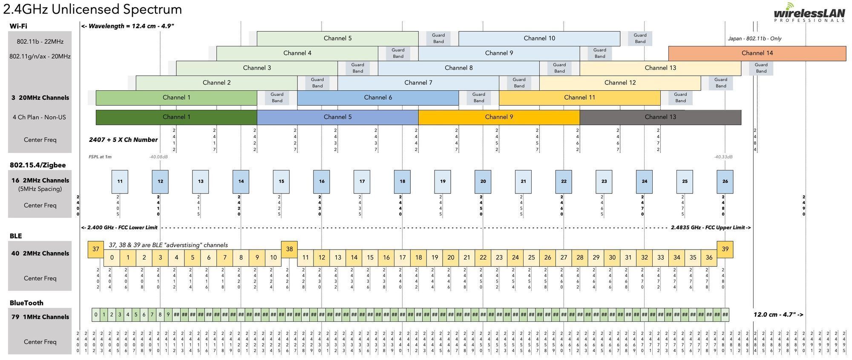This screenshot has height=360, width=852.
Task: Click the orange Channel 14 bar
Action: [757, 53]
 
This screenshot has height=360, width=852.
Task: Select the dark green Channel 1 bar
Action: [176, 117]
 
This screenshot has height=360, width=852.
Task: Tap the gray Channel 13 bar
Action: [660, 117]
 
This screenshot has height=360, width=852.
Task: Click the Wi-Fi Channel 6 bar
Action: [378, 98]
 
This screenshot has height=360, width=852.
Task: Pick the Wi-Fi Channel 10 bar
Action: [539, 38]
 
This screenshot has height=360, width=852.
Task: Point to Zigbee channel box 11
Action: [120, 181]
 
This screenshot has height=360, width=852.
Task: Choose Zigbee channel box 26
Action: [725, 181]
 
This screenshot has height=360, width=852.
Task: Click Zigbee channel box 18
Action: [402, 181]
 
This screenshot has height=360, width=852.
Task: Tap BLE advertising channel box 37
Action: [96, 249]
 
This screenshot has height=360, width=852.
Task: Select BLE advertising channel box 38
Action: [289, 249]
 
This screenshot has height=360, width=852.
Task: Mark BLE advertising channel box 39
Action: [725, 249]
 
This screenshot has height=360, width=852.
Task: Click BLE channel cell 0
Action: [112, 258]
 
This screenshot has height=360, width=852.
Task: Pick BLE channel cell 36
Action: [709, 258]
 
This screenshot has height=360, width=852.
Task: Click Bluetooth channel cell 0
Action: [96, 315]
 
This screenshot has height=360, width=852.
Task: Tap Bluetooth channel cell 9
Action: [168, 315]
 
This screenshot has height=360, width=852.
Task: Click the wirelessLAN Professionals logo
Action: [809, 13]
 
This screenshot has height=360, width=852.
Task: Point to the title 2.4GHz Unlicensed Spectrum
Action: [92, 9]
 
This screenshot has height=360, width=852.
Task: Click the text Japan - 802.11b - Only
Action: [754, 39]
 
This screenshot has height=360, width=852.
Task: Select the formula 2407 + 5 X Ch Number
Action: [123, 140]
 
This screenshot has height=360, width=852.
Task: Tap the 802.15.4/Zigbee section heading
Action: [37, 165]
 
